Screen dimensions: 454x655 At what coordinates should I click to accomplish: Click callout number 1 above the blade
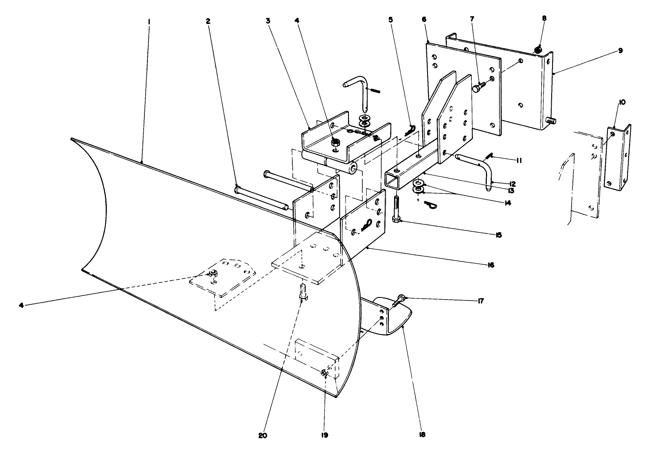coord(149,20)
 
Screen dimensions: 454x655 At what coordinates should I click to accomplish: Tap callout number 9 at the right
coord(620,51)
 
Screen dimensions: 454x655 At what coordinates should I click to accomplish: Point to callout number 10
coord(622,102)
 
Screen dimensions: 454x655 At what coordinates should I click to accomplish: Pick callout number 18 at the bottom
coord(422,435)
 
